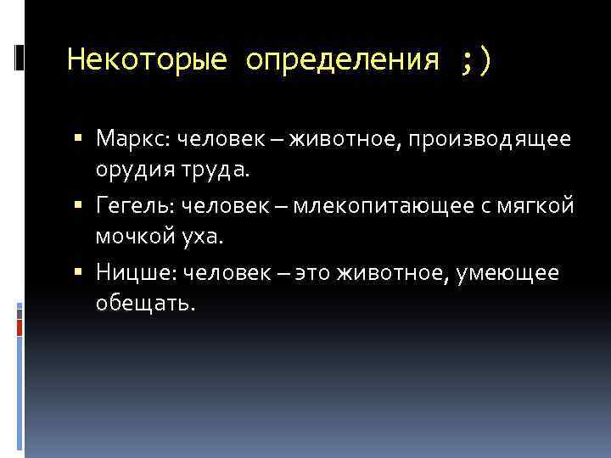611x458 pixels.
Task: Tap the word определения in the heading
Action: (x=344, y=60)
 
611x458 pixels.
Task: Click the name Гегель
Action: (x=133, y=205)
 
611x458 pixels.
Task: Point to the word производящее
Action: (x=491, y=137)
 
